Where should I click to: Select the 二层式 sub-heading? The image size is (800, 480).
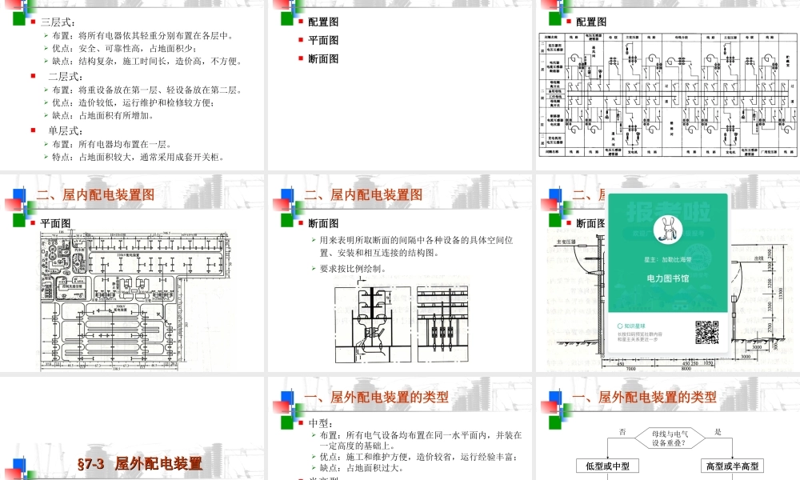66,76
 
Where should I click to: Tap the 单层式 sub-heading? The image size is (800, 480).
66,130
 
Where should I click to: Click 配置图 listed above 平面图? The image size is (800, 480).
323,22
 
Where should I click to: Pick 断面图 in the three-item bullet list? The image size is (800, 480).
323,58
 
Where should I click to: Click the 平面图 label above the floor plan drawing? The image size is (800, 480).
56,223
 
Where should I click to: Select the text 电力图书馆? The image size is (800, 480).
668,278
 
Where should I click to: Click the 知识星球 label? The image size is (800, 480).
641,326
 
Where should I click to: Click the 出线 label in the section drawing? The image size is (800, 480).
758,258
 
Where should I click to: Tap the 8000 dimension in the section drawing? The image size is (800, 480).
685,369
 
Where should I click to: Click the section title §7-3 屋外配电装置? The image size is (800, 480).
139,463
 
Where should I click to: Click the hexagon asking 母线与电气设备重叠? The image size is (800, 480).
667,437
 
